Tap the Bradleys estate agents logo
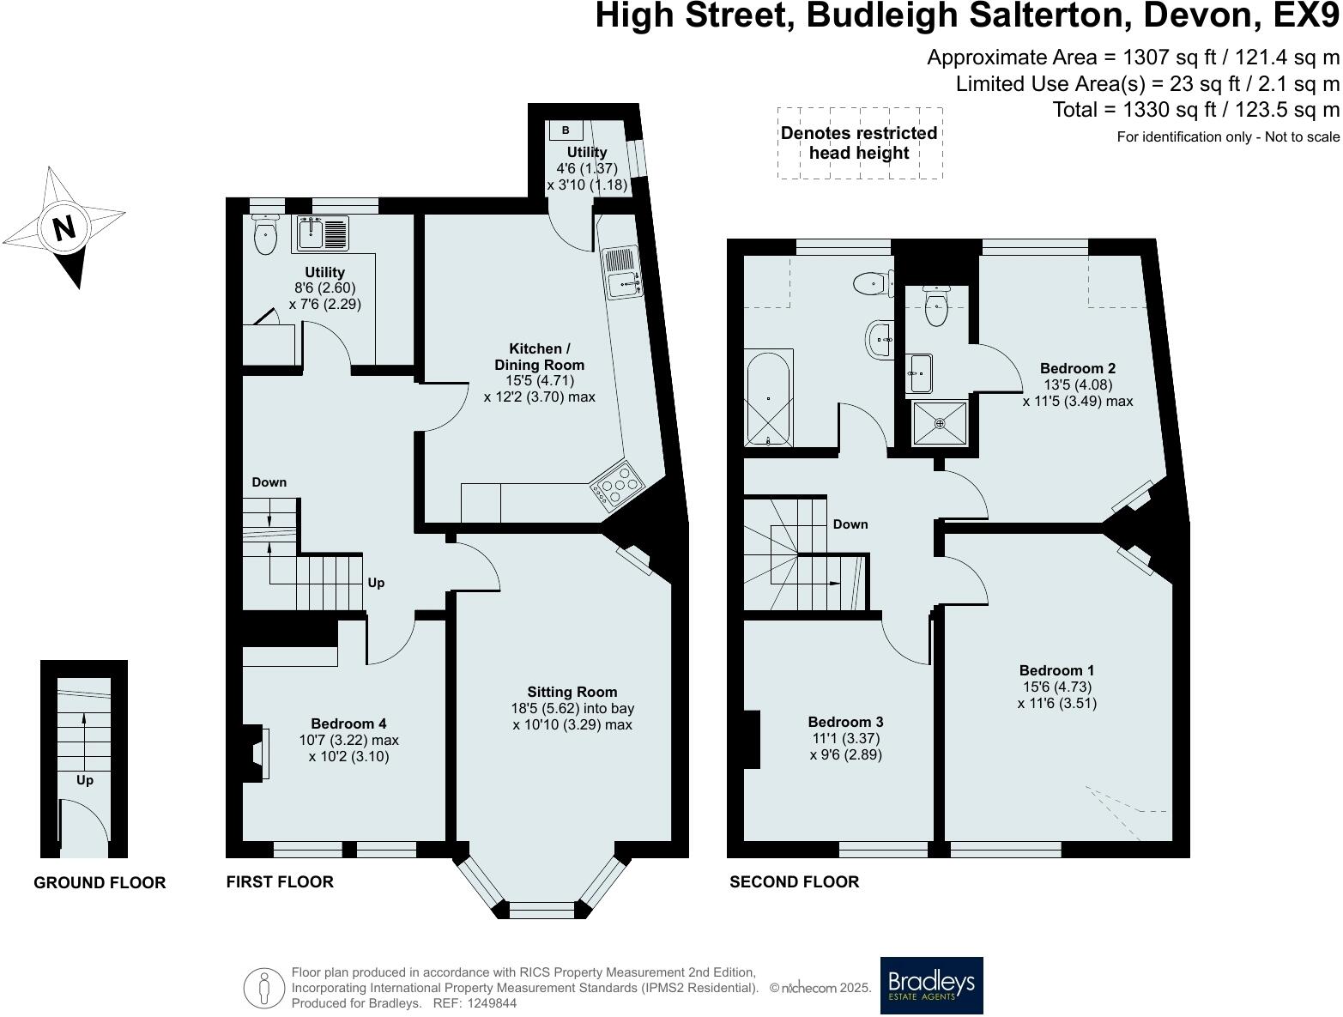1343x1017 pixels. click(x=931, y=985)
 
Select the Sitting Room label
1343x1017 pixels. click(x=572, y=692)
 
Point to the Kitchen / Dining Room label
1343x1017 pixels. click(x=539, y=357)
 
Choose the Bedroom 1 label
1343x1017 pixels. click(x=1056, y=670)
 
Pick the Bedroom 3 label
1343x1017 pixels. click(x=845, y=723)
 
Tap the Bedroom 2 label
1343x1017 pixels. click(x=1077, y=368)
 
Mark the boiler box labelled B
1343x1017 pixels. click(x=566, y=130)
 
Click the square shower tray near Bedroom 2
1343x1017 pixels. click(x=940, y=423)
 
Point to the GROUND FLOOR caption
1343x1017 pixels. click(x=100, y=882)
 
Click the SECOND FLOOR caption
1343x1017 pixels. click(x=794, y=881)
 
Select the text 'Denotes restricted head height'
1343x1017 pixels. click(x=858, y=143)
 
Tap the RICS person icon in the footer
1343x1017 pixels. click(x=263, y=988)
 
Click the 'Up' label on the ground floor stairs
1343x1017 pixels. click(x=85, y=780)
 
